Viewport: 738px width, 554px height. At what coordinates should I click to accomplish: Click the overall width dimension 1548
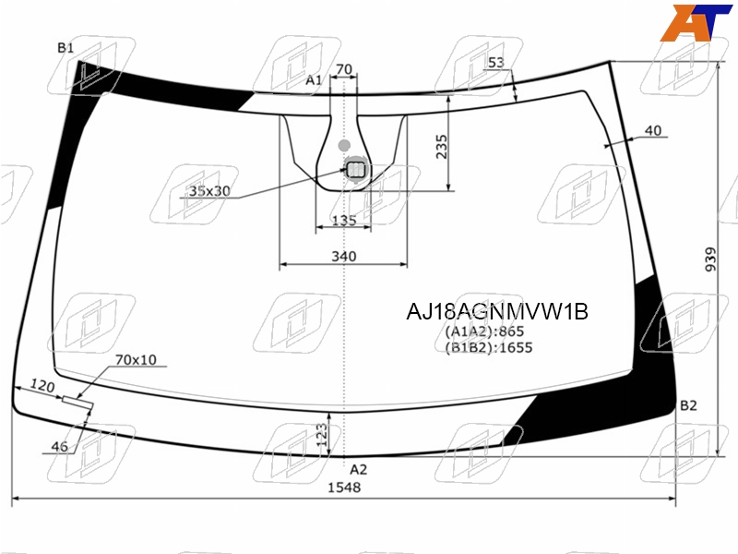[x=344, y=488]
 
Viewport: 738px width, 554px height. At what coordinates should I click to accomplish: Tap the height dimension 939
[x=710, y=259]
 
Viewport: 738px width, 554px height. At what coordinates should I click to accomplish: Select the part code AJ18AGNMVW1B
[x=497, y=311]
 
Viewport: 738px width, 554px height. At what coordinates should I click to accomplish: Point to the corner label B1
[x=65, y=48]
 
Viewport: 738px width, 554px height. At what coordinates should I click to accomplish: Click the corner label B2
[x=688, y=405]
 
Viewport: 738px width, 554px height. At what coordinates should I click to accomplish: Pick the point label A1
[x=314, y=80]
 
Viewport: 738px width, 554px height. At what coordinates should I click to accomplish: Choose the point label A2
[x=358, y=469]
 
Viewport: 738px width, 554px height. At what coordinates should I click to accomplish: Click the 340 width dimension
[x=344, y=257]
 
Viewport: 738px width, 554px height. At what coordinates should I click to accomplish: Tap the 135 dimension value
[x=344, y=220]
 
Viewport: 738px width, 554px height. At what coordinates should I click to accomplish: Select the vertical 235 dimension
[x=442, y=147]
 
